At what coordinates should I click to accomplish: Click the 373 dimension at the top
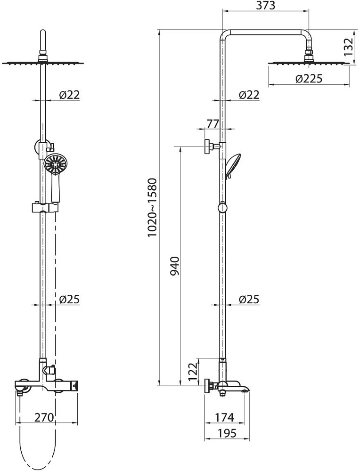266,5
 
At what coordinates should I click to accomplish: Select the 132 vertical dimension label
349,47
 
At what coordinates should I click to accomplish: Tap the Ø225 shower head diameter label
309,79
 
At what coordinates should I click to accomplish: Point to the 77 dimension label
213,124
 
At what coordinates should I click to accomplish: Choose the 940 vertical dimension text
175,266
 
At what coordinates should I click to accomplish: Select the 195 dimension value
226,433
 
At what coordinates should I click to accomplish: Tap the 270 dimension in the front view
44,417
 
